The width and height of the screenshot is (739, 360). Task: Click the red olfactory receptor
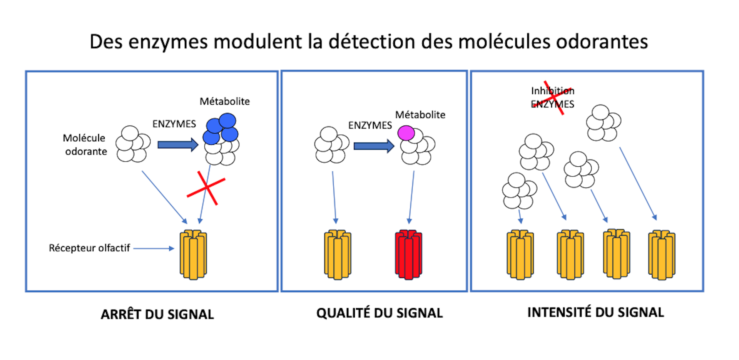(x=408, y=254)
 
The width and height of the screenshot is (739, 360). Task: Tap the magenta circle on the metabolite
(x=406, y=133)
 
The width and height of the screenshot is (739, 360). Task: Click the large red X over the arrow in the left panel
(x=206, y=188)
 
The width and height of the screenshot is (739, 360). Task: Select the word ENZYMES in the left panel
(x=174, y=124)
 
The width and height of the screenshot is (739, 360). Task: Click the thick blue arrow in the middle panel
(x=373, y=146)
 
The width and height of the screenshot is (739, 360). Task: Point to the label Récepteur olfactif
(x=89, y=248)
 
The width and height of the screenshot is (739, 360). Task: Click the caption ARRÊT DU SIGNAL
(x=157, y=314)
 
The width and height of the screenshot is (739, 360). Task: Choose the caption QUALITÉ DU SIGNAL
(x=380, y=313)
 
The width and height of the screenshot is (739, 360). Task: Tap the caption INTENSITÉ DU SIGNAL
(x=595, y=312)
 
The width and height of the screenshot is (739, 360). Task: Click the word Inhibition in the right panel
(x=553, y=91)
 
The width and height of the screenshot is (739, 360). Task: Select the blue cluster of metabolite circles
(x=221, y=129)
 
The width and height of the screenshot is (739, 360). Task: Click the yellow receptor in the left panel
(x=193, y=254)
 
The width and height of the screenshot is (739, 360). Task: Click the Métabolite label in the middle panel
(x=420, y=115)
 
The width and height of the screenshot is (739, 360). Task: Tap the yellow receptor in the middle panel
(x=338, y=254)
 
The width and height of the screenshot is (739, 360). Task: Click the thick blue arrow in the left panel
(x=177, y=145)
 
